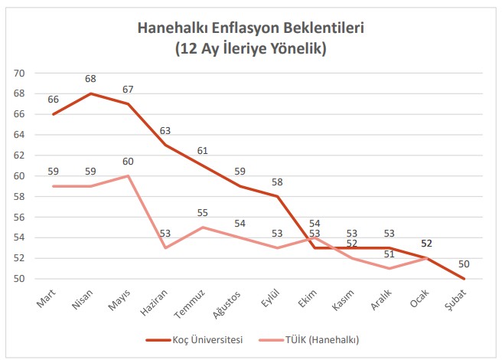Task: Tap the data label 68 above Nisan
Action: (90, 79)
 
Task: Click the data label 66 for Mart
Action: (53, 100)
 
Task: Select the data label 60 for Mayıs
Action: (127, 162)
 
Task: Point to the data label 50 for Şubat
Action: (464, 264)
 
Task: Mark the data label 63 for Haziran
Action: (165, 130)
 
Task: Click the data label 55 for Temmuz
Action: (202, 213)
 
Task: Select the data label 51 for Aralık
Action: (389, 254)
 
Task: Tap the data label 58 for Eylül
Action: (277, 182)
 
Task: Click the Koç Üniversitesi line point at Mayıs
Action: (127, 104)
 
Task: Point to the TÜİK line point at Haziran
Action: (165, 248)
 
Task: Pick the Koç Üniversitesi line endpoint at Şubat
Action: (464, 279)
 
